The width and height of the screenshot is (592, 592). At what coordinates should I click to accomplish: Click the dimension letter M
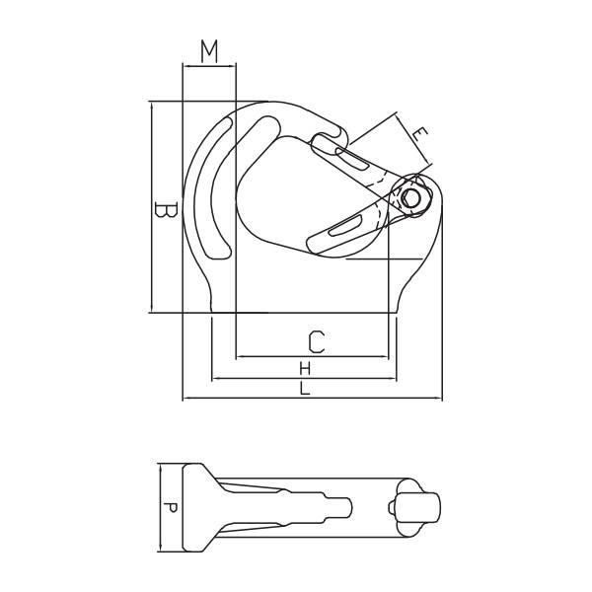tap(208, 51)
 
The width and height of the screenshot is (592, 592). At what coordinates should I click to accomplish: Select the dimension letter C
tap(315, 341)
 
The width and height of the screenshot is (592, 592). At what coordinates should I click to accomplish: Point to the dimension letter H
tap(305, 368)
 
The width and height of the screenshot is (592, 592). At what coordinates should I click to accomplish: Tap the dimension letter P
tap(171, 508)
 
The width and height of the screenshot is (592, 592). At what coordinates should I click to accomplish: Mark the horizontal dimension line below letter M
tap(208, 66)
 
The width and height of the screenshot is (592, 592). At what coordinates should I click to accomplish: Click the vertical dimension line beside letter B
tap(151, 207)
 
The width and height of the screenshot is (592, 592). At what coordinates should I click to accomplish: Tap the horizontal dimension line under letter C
tap(313, 357)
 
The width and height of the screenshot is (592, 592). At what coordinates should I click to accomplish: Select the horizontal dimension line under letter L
tap(312, 400)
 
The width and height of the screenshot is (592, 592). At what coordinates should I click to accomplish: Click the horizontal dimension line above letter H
tap(305, 378)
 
